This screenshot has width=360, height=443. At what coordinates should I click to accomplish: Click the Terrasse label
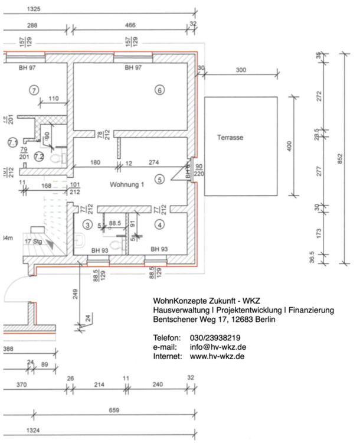pyautogui.click(x=230, y=137)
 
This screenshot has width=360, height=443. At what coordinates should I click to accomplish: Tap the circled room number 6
pyautogui.click(x=159, y=90)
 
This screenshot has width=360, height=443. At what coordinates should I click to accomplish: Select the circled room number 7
pyautogui.click(x=34, y=90)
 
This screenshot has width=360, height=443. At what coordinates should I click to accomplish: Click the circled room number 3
pyautogui.click(x=87, y=224)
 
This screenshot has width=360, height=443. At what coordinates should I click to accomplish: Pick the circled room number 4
pyautogui.click(x=159, y=224)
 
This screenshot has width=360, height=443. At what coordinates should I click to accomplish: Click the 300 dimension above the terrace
pyautogui.click(x=240, y=70)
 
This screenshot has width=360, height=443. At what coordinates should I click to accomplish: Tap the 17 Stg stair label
pyautogui.click(x=32, y=242)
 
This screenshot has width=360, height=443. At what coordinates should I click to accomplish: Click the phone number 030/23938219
pyautogui.click(x=215, y=337)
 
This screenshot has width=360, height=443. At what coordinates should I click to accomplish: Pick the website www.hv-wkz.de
pyautogui.click(x=217, y=357)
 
